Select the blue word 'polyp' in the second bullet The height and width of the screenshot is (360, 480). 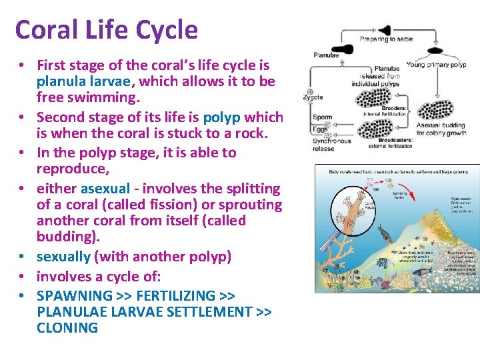[x=223, y=118]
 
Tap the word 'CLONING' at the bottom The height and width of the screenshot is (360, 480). [x=67, y=327]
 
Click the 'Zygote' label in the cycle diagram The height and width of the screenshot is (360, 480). [x=313, y=97]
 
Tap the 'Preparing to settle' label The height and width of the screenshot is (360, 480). [x=387, y=39]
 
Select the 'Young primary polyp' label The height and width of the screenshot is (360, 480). [x=436, y=65]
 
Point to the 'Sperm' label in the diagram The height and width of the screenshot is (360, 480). [x=321, y=118]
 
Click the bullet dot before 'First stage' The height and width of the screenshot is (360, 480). [x=22, y=65]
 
